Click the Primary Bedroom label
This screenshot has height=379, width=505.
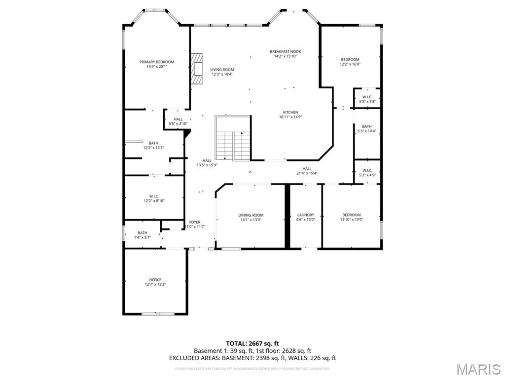pos(157,62)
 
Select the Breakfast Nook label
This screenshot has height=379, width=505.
pos(285,51)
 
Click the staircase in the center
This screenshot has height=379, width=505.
pos(233,138)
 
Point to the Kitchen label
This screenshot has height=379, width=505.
pos(290,112)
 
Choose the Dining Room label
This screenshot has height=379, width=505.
pos(251,215)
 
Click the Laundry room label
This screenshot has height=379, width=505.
pos(306,215)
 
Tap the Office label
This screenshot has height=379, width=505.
pos(155,280)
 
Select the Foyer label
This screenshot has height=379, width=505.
pos(195,222)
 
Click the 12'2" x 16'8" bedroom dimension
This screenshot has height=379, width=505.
pos(350,64)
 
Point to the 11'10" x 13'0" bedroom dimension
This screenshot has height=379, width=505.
pos(351,220)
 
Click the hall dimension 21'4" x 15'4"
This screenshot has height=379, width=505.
pos(307,173)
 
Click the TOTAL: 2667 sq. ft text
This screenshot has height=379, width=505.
pos(252,343)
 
